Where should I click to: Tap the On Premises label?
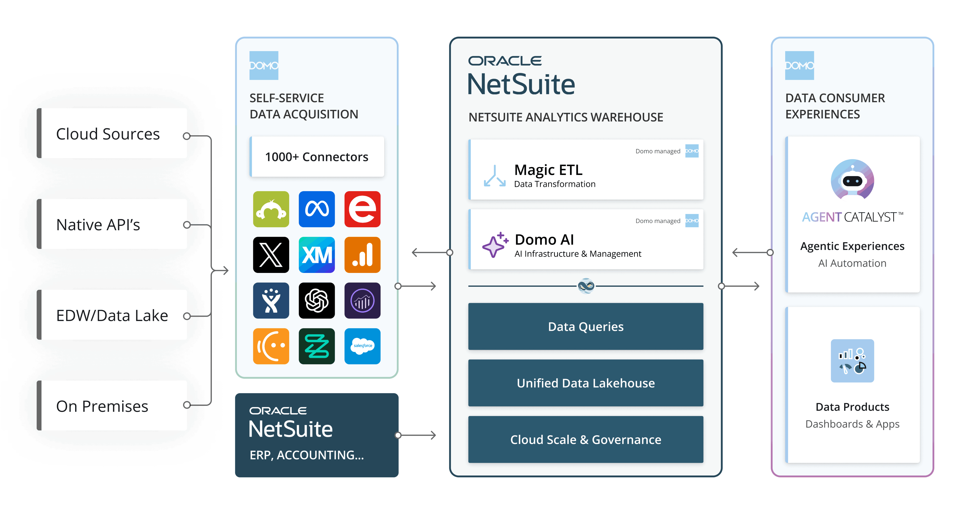coord(102,406)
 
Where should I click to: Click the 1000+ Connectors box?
coord(317,157)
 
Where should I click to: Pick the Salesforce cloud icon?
coord(362,346)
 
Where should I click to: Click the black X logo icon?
coord(271,255)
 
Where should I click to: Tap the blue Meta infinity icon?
coord(317,209)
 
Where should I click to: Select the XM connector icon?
coord(317,255)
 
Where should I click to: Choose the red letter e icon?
coord(362,209)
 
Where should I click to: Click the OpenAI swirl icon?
coord(317,301)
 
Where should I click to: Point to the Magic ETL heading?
coord(548,170)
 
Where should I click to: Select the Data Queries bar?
coord(586,327)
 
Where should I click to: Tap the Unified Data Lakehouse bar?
coord(586,383)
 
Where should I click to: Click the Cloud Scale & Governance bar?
coord(586,440)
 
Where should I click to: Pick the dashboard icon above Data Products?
coord(852,361)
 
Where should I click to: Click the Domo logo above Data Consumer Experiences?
coord(799,65)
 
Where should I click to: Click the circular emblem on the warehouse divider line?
coord(586,286)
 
